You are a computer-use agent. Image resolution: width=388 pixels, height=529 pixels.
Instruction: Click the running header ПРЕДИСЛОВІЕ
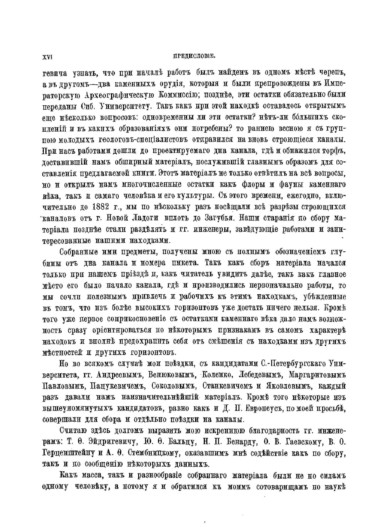[x=194, y=56]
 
